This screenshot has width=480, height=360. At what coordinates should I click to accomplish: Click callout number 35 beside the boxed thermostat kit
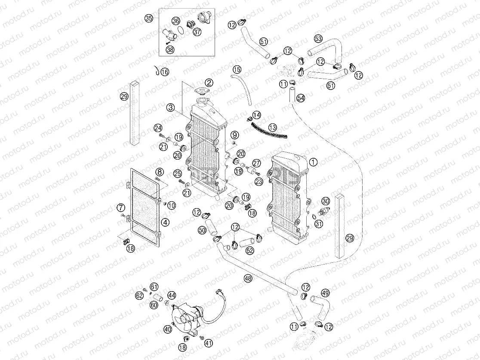(x=149, y=18)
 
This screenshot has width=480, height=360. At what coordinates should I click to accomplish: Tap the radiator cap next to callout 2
(x=201, y=92)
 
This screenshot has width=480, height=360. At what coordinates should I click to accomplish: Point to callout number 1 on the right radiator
(x=313, y=162)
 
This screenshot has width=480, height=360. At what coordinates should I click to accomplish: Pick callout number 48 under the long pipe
(x=248, y=278)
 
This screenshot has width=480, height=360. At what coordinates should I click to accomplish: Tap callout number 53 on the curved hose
(x=318, y=38)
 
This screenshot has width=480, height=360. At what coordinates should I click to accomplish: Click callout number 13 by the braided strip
(x=272, y=127)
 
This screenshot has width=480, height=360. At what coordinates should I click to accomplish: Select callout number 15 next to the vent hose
(x=237, y=69)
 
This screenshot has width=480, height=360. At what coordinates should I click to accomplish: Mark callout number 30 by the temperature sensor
(x=326, y=201)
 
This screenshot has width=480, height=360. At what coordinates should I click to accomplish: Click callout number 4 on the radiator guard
(x=165, y=222)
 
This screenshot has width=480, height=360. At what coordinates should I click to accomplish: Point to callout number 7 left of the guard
(x=121, y=208)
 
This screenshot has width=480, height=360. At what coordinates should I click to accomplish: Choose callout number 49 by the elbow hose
(x=326, y=293)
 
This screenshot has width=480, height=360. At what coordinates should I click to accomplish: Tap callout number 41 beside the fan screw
(x=209, y=343)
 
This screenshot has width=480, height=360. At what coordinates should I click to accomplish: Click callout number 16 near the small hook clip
(x=165, y=72)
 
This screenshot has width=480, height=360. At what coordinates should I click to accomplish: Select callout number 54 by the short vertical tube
(x=301, y=98)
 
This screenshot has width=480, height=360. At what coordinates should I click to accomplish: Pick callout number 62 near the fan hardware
(x=139, y=295)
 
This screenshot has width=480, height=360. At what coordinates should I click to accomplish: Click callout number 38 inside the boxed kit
(x=170, y=50)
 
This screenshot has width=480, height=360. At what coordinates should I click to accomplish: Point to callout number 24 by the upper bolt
(x=158, y=128)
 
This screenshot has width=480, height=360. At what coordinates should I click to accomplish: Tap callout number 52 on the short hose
(x=249, y=250)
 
